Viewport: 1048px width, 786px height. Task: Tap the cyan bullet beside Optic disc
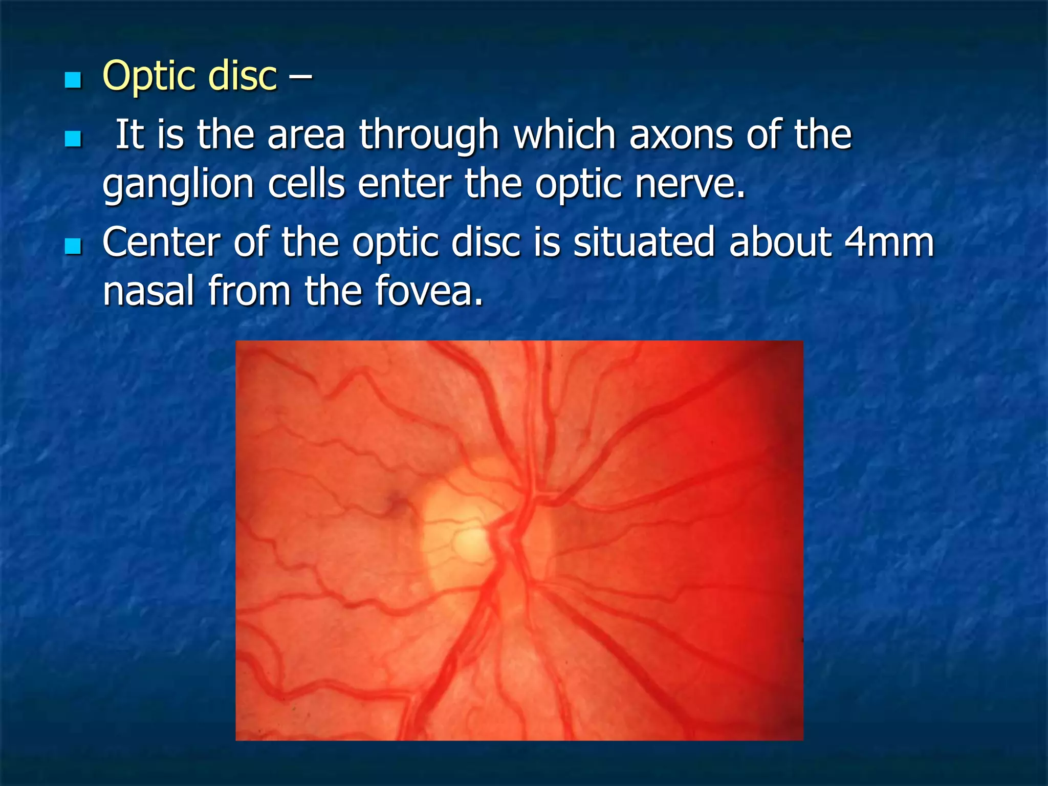73,80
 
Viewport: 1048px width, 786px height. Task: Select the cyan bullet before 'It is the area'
73,139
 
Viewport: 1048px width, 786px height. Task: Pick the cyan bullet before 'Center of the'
73,246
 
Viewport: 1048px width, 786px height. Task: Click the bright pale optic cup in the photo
471,542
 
